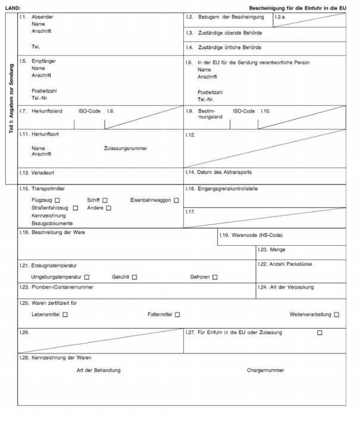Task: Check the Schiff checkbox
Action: [x=105, y=200]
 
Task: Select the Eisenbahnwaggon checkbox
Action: [x=176, y=200]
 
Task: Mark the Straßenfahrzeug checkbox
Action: [x=76, y=208]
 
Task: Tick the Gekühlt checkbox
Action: [x=134, y=277]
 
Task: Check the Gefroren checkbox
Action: [x=215, y=277]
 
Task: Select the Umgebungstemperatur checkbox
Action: [x=87, y=277]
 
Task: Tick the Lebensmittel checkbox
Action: [x=65, y=314]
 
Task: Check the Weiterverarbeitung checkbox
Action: [x=337, y=314]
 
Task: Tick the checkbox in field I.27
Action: [x=320, y=332]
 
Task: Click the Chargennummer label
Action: [x=265, y=370]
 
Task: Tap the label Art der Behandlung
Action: [x=99, y=370]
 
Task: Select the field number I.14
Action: [x=190, y=172]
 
